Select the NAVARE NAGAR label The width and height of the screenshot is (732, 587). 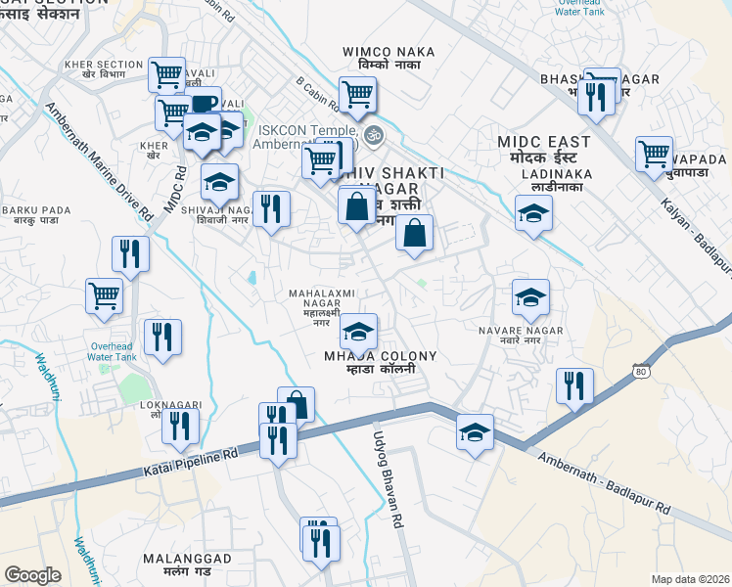point(522,331)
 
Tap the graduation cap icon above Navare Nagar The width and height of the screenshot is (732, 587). point(530,296)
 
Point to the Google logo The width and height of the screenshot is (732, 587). point(32,575)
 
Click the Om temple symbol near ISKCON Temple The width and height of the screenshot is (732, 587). point(371,134)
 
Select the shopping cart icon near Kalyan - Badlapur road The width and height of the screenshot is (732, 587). point(654,154)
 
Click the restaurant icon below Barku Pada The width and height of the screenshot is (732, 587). point(130,254)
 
